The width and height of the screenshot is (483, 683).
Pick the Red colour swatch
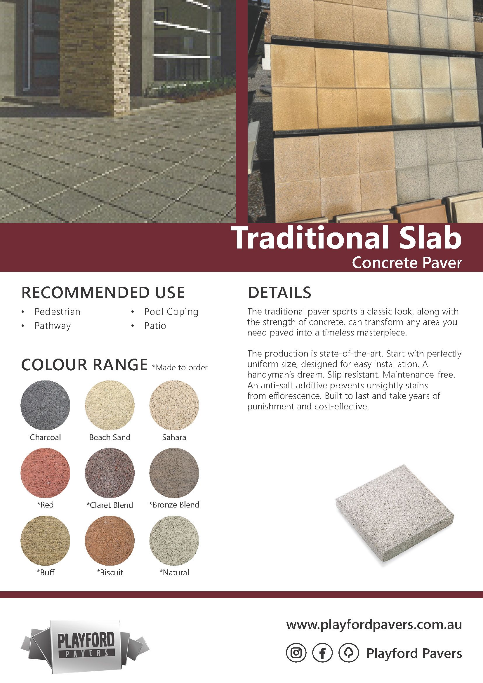46,473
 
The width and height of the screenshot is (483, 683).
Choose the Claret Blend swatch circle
110,473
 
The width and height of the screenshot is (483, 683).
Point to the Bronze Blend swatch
174,473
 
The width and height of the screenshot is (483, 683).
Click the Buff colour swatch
46,541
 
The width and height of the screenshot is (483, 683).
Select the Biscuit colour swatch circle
110,541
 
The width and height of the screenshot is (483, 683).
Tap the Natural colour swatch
174,541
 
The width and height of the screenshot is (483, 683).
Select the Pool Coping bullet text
171,312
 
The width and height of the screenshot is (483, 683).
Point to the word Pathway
53,326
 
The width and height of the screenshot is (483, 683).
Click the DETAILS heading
279,293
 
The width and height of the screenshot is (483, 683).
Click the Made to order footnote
180,368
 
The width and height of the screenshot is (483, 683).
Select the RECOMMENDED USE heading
103,293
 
